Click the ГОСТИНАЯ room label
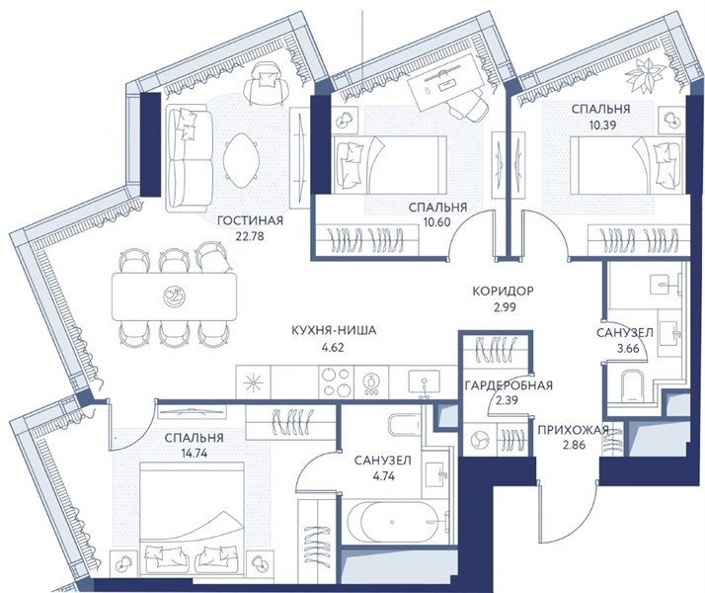[250, 221]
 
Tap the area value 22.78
[250, 236]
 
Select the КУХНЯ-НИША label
[334, 331]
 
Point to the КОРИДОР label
[504, 292]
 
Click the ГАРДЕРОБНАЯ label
[509, 385]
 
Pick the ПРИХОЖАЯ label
[574, 431]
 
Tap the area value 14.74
[192, 453]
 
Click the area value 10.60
[436, 221]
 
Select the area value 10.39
[602, 125]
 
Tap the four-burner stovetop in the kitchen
[337, 381]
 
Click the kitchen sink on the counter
[424, 382]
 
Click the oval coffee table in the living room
[240, 161]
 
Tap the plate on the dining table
[175, 296]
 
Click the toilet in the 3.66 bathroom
[632, 386]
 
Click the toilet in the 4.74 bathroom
[403, 424]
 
